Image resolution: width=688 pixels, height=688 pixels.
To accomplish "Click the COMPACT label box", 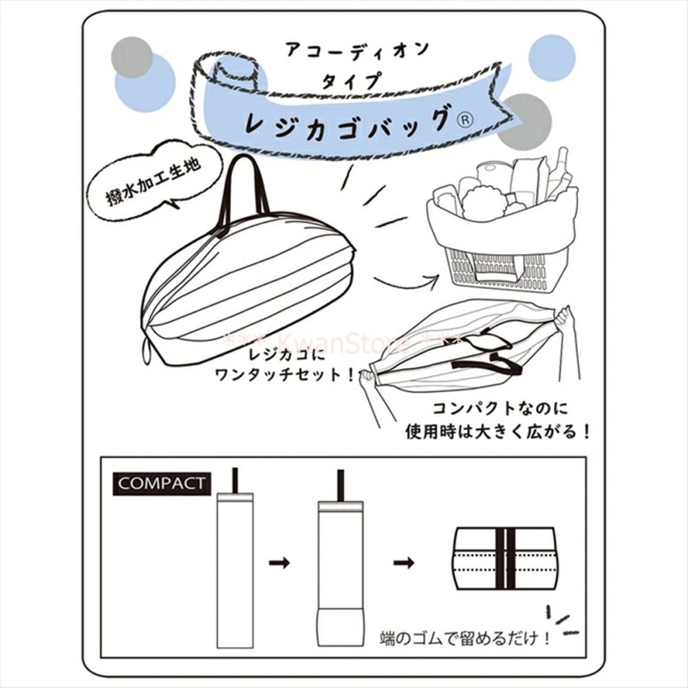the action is pos(162,484).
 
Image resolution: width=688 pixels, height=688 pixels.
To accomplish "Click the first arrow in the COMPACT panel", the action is pos(279,562).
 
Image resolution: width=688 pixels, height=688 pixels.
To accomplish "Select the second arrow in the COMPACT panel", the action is pos(404,562).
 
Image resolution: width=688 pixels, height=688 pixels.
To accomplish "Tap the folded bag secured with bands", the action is pos(506,558).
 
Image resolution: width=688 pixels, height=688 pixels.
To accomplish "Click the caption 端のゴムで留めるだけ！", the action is pos(465,638).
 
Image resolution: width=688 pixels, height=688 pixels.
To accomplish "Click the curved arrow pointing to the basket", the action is pos(406,280).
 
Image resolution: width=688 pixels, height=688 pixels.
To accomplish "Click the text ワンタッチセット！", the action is pos(286,375).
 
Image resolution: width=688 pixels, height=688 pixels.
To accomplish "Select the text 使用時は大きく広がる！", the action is pos(497,432).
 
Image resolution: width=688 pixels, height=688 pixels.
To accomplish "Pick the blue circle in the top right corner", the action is pos(552,58).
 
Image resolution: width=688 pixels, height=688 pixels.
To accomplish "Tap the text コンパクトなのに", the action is pos(500,408).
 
